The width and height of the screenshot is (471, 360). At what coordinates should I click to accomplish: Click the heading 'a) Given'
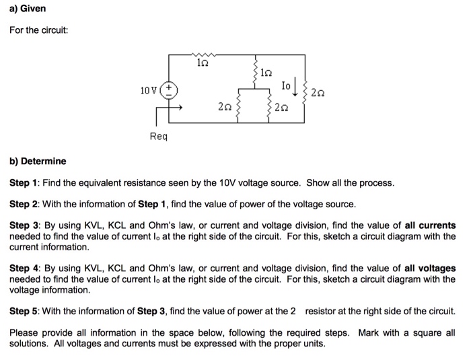[28, 9]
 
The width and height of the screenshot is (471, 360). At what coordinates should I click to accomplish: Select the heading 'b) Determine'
[38, 161]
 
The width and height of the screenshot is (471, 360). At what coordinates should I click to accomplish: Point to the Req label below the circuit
[157, 136]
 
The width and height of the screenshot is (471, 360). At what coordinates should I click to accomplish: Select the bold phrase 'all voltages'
[427, 268]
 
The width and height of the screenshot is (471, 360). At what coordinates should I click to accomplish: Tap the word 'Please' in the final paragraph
[24, 332]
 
